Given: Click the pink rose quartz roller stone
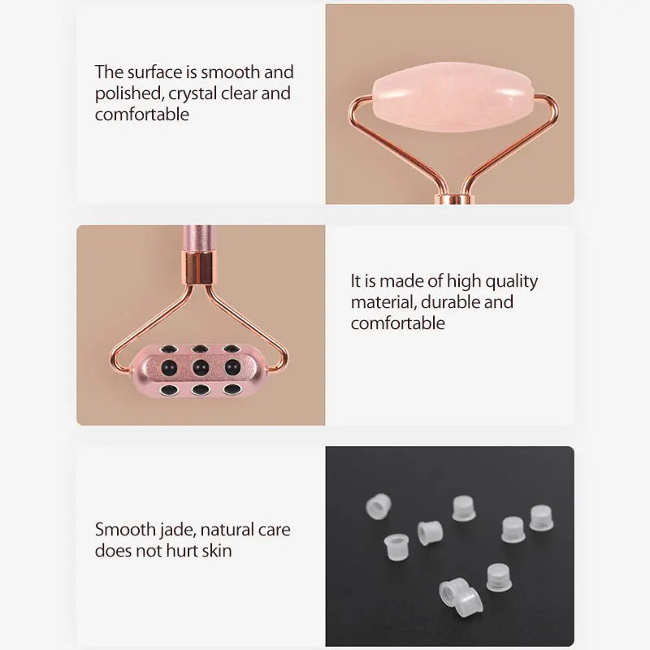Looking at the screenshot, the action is [x=454, y=97].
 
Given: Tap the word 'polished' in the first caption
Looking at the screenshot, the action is [x=129, y=93].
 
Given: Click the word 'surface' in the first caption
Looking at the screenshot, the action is [x=155, y=72].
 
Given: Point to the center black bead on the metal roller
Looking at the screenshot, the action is [x=201, y=367].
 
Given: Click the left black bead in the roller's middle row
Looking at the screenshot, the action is [x=169, y=367].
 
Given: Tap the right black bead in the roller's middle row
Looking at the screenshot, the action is [x=232, y=367].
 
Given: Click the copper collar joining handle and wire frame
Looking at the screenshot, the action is [x=198, y=268].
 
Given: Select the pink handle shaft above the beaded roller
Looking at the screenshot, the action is [x=197, y=238].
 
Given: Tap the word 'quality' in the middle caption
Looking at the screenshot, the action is [x=511, y=282].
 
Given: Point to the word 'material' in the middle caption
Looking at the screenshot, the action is [x=383, y=302].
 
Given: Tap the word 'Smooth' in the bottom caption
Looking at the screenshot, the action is [x=125, y=530].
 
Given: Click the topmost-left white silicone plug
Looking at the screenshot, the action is [x=379, y=506].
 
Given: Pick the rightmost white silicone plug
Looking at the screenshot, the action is [x=541, y=518].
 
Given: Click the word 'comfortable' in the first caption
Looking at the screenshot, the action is [x=142, y=115].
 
